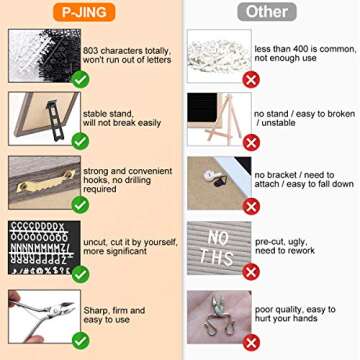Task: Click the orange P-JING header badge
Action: click(84, 12)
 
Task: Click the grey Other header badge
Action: click(267, 12)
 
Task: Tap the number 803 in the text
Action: click(91, 51)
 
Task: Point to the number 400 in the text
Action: click(301, 49)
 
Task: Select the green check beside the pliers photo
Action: click(80, 341)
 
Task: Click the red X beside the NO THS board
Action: click(251, 271)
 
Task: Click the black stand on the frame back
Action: click(55, 119)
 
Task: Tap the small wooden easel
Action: click(223, 119)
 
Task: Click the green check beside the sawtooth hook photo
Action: click(80, 205)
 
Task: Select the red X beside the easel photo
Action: click(251, 142)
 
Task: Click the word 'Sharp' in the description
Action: click(94, 311)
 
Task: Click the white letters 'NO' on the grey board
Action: click(218, 237)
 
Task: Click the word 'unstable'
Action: click(279, 123)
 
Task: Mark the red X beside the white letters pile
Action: click(251, 80)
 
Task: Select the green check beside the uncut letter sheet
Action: click(80, 274)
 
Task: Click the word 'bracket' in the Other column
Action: click(284, 175)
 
